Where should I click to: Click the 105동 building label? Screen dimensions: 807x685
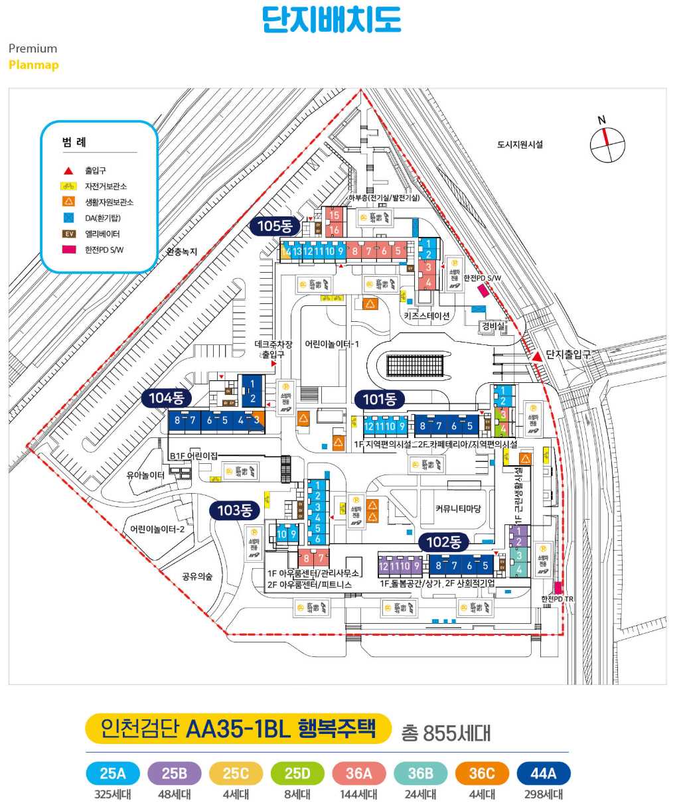point(275,226)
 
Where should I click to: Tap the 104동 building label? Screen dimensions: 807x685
point(166,398)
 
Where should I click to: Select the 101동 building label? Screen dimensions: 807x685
point(380,400)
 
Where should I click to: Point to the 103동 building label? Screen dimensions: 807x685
point(235,510)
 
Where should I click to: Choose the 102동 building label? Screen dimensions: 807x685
point(443,542)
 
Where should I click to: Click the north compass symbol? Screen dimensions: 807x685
point(607,144)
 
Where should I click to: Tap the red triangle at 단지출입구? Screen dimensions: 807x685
point(536,357)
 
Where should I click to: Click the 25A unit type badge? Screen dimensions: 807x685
point(113,773)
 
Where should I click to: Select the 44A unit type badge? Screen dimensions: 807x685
point(543,773)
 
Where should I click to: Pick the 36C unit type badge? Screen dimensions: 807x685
point(482,773)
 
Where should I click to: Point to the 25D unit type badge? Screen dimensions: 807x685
point(297,773)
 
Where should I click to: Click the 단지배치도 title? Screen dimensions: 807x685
point(331,19)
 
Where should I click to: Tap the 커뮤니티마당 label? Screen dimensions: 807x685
point(458,509)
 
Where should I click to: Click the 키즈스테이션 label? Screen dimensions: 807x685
point(427,316)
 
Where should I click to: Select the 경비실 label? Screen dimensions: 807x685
point(493,327)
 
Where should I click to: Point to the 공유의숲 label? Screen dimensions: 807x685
point(197,577)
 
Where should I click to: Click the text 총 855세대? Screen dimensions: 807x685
point(445,733)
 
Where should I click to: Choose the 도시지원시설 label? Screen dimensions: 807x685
point(520,144)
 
